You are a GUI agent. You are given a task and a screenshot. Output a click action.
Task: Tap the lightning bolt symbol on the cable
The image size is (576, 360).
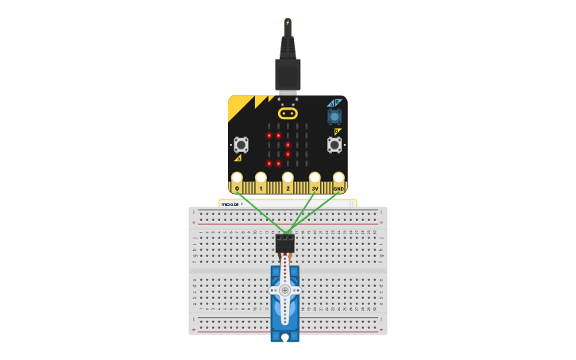[288, 22]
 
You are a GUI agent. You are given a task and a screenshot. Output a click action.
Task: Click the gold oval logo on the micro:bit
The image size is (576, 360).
[288, 114]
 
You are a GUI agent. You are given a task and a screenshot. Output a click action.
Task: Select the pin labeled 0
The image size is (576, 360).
[237, 178]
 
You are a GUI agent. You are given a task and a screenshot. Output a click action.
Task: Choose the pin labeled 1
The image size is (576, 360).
[261, 178]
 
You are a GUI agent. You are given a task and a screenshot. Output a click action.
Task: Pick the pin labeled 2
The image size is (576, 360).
[288, 178]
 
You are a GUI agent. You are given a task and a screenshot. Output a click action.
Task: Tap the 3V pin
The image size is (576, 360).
[315, 178]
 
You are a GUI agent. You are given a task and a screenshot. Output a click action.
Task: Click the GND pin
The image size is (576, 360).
[338, 178]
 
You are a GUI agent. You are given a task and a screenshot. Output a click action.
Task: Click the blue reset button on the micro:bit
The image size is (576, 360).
[334, 116]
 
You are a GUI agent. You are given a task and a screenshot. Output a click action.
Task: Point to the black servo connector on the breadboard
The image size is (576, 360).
[285, 243]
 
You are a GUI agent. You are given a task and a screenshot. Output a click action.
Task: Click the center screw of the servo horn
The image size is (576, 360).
[285, 291]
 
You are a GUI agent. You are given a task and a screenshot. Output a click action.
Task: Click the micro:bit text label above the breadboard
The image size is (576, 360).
[231, 203]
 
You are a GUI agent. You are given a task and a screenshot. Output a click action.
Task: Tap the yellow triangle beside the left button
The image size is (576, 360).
[238, 158]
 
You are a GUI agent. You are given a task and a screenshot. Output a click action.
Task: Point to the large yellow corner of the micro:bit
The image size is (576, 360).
[238, 106]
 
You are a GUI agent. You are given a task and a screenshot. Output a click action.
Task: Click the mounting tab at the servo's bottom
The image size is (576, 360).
[285, 337]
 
